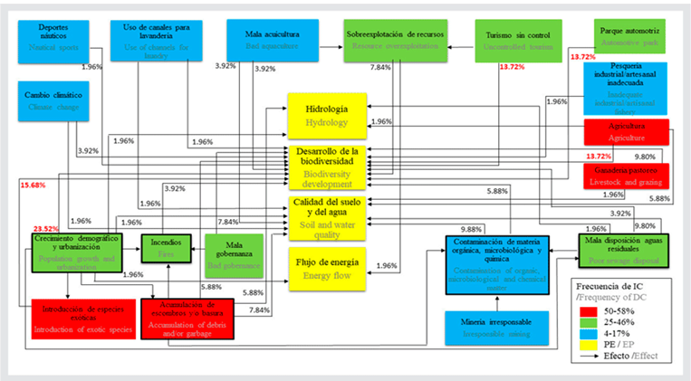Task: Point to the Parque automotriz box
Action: click(626, 36)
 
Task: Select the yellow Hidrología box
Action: click(326, 113)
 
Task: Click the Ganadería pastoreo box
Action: click(626, 176)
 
